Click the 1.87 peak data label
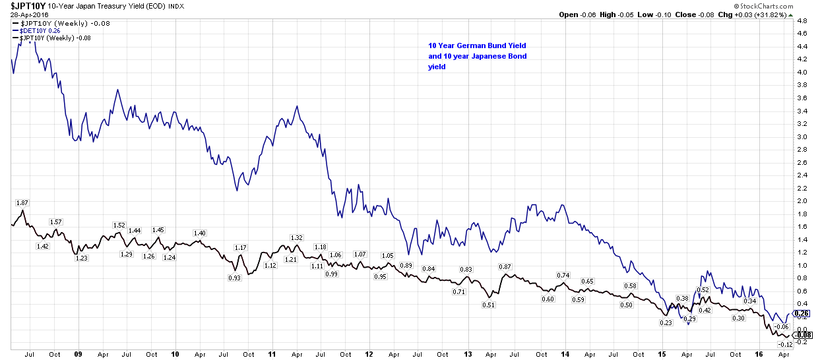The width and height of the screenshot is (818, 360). tap(22, 202)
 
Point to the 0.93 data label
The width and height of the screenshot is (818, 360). tap(234, 278)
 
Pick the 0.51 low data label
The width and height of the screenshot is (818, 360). tap(489, 305)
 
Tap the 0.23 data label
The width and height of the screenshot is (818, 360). tap(666, 322)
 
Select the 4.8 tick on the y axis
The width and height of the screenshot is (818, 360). tap(802, 21)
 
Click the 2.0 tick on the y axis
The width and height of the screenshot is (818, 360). tap(802, 200)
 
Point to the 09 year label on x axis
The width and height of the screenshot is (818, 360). tap(79, 354)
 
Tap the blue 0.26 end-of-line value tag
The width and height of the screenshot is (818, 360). tap(802, 313)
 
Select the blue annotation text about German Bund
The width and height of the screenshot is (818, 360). tap(477, 56)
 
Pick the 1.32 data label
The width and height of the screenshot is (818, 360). tap(296, 237)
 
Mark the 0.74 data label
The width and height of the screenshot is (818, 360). tap(563, 275)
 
